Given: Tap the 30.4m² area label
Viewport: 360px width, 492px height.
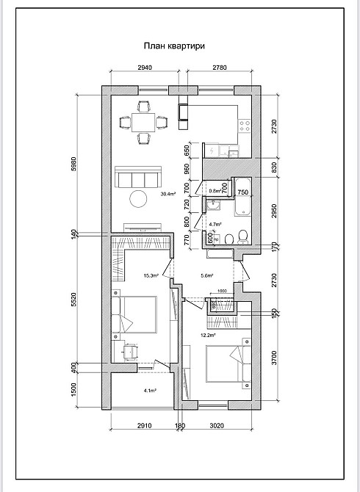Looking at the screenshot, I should pos(168,194).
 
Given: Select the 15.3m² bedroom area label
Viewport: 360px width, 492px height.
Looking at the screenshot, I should pos(152,276).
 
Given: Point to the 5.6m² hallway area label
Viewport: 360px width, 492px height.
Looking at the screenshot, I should pos(206,276).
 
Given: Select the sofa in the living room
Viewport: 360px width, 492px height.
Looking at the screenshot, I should pos(138,178).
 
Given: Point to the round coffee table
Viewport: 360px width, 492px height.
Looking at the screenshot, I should pos(139,198).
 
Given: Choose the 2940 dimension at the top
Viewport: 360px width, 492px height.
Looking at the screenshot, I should pos(144,68).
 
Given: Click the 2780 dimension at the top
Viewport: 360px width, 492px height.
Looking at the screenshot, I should pos(218,68).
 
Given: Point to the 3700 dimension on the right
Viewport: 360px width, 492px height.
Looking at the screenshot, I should pos(274,358).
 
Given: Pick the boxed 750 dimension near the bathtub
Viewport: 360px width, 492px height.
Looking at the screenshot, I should pos(242,191).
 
